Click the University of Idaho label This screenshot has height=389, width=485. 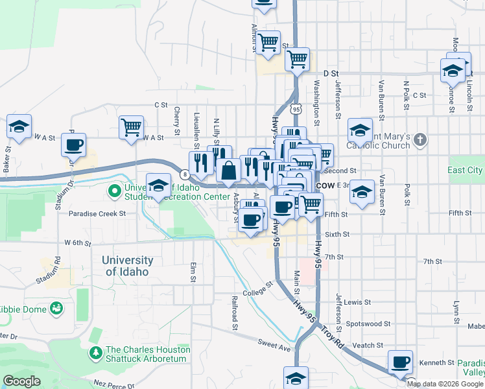tap(128, 266)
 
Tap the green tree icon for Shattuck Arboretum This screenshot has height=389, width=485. tap(95, 353)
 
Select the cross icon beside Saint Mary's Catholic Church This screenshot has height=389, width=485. tap(420, 139)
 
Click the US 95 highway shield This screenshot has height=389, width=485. tap(296, 110)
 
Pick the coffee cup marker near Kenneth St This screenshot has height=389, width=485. tap(400, 362)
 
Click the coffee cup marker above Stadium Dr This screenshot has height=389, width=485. tap(73, 145)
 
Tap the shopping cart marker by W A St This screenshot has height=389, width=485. tap(131, 128)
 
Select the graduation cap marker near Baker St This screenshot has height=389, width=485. tap(19, 126)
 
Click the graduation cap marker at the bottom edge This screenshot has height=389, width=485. tap(296, 378)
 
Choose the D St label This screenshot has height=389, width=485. tap(331, 74)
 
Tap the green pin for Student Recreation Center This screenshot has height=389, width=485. tap(115, 191)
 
